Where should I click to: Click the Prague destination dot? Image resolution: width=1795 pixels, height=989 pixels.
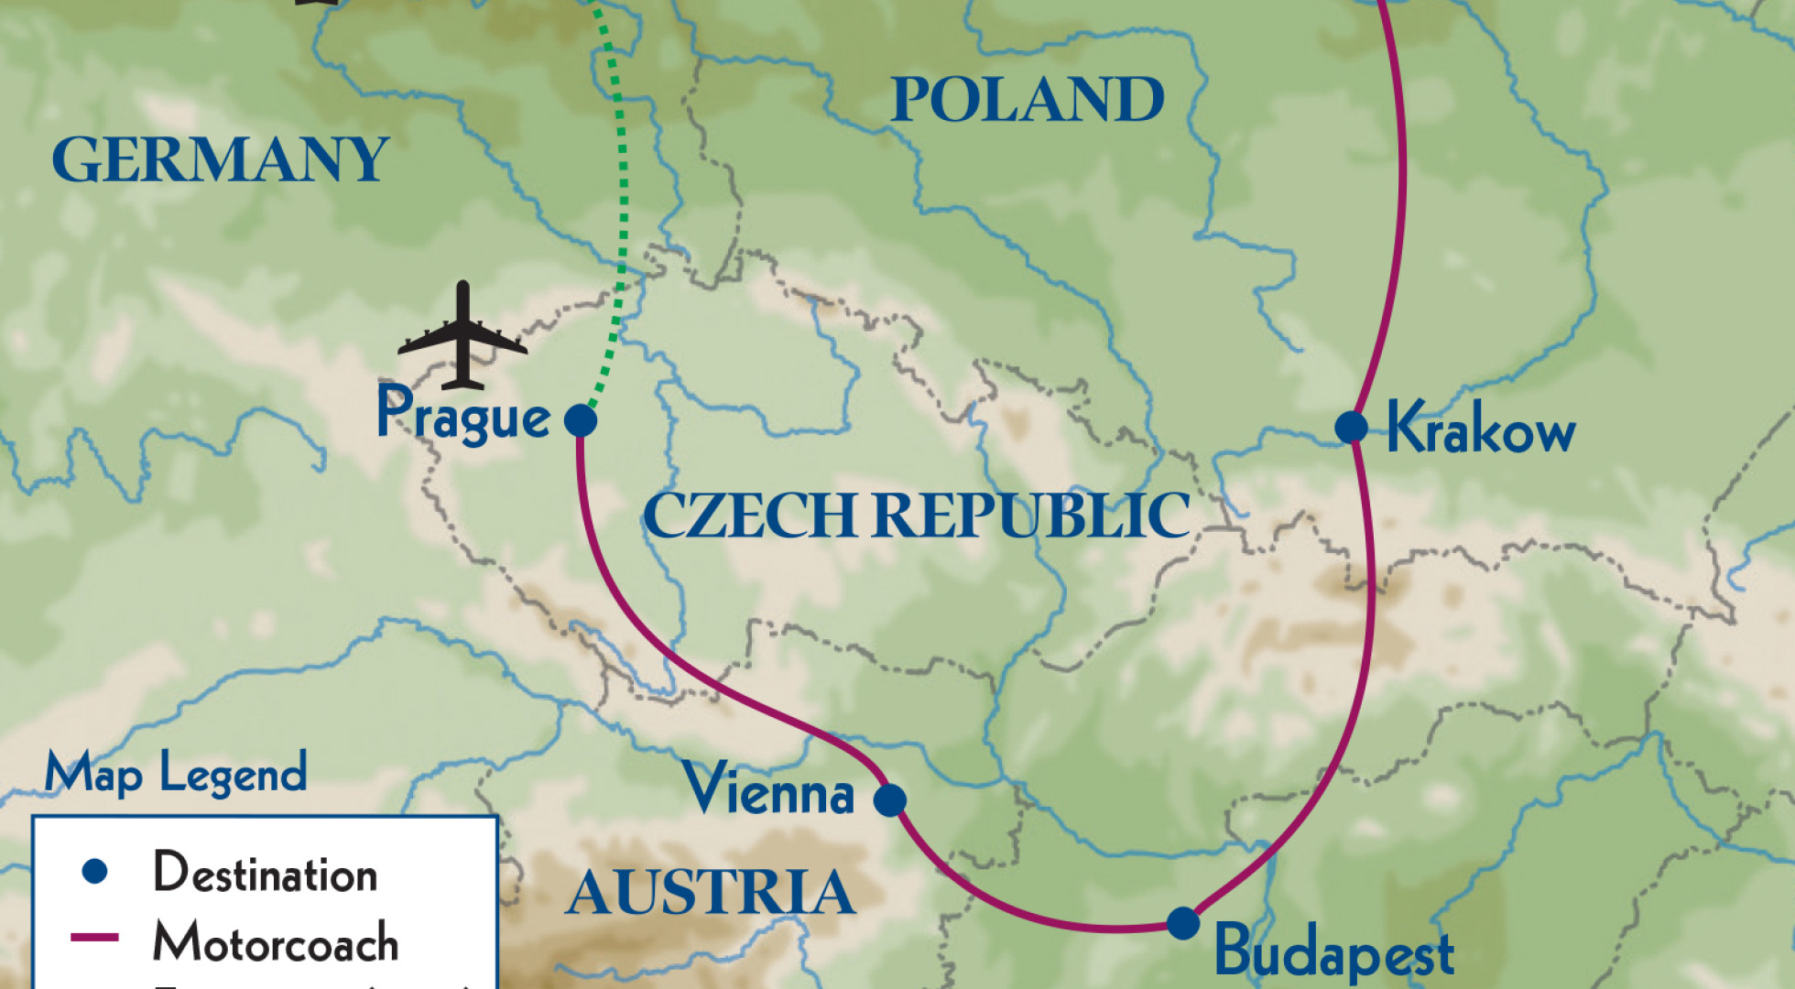click(581, 420)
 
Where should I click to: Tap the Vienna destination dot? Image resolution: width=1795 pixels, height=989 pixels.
click(889, 799)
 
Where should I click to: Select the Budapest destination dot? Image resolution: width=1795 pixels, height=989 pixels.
click(1182, 922)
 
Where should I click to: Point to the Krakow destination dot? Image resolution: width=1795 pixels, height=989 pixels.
click(1351, 427)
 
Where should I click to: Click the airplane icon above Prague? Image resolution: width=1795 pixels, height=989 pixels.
click(462, 337)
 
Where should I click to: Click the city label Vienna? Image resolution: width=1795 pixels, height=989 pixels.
click(768, 790)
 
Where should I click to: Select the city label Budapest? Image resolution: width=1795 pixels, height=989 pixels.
click(1333, 952)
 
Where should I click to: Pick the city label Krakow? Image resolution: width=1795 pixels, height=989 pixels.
click(1481, 428)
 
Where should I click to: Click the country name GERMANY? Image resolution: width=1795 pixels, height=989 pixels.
click(221, 160)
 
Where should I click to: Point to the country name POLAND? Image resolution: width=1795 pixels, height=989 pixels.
click(1027, 100)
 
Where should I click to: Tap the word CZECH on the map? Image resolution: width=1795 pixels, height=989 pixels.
click(751, 516)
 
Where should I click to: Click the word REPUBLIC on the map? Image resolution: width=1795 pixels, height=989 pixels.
click(1030, 516)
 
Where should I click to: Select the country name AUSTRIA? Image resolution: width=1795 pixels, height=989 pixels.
click(711, 893)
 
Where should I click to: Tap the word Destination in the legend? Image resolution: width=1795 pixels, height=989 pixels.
click(266, 873)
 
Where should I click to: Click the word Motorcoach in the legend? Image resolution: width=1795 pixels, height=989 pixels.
click(276, 942)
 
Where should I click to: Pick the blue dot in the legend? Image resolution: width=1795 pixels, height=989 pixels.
click(95, 871)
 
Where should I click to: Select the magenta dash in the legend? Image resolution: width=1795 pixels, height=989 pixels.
click(94, 938)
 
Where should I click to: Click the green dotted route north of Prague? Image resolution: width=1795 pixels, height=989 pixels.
click(623, 183)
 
